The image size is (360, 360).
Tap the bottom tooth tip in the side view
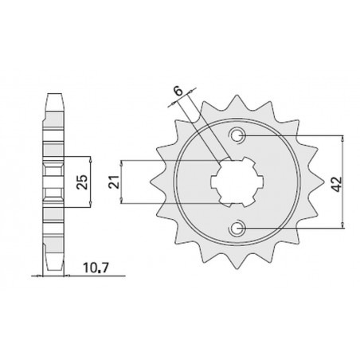53,272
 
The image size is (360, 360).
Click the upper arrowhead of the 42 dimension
342,137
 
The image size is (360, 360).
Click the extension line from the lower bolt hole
295,229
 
